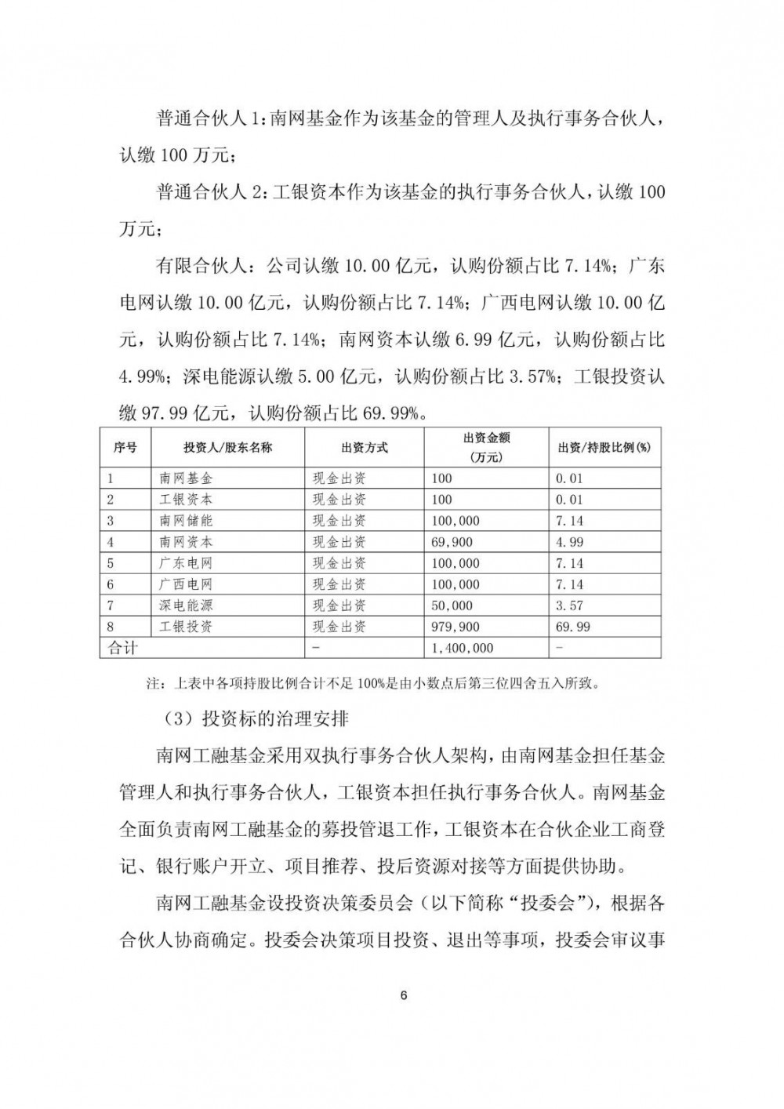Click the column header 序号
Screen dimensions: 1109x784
coord(125,447)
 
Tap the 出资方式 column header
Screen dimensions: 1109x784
coord(364,447)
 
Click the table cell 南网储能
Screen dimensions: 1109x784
coord(186,521)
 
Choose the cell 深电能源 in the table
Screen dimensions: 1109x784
coord(186,605)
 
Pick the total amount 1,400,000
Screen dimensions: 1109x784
coord(463,648)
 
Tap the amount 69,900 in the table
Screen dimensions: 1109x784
coord(452,542)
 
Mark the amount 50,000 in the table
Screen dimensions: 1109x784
coord(452,605)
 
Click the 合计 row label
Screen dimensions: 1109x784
coord(122,648)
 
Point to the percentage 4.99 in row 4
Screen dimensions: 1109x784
coord(569,542)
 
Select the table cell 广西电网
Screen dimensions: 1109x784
coord(186,584)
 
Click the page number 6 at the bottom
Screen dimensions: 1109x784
coord(403,996)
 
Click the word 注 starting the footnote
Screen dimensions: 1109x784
coord(153,683)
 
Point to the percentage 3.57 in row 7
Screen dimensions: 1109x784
coord(569,605)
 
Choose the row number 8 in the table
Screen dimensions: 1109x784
coord(111,627)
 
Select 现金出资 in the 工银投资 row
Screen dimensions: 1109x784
coord(339,627)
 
